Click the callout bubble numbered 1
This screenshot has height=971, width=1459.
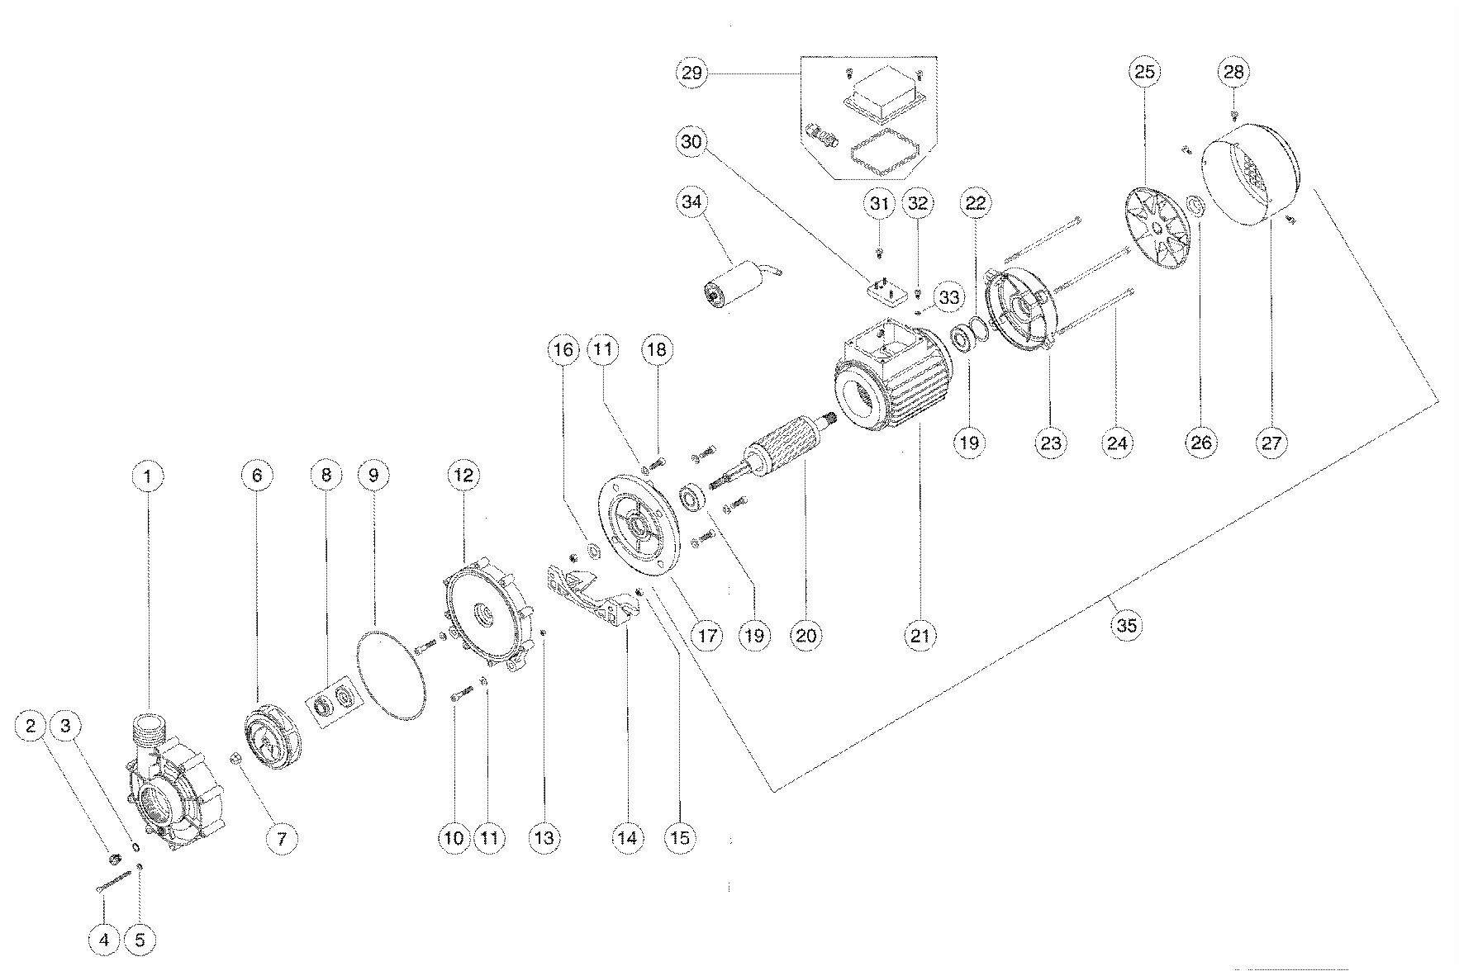(149, 476)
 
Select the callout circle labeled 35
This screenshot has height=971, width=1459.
(1127, 625)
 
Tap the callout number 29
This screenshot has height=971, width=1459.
(692, 73)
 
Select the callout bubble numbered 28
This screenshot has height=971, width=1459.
(1233, 72)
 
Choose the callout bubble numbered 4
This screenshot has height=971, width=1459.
(104, 940)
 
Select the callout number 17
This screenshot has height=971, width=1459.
(708, 636)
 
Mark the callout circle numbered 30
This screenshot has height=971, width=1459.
(692, 141)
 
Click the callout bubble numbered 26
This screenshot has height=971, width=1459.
(1200, 443)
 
